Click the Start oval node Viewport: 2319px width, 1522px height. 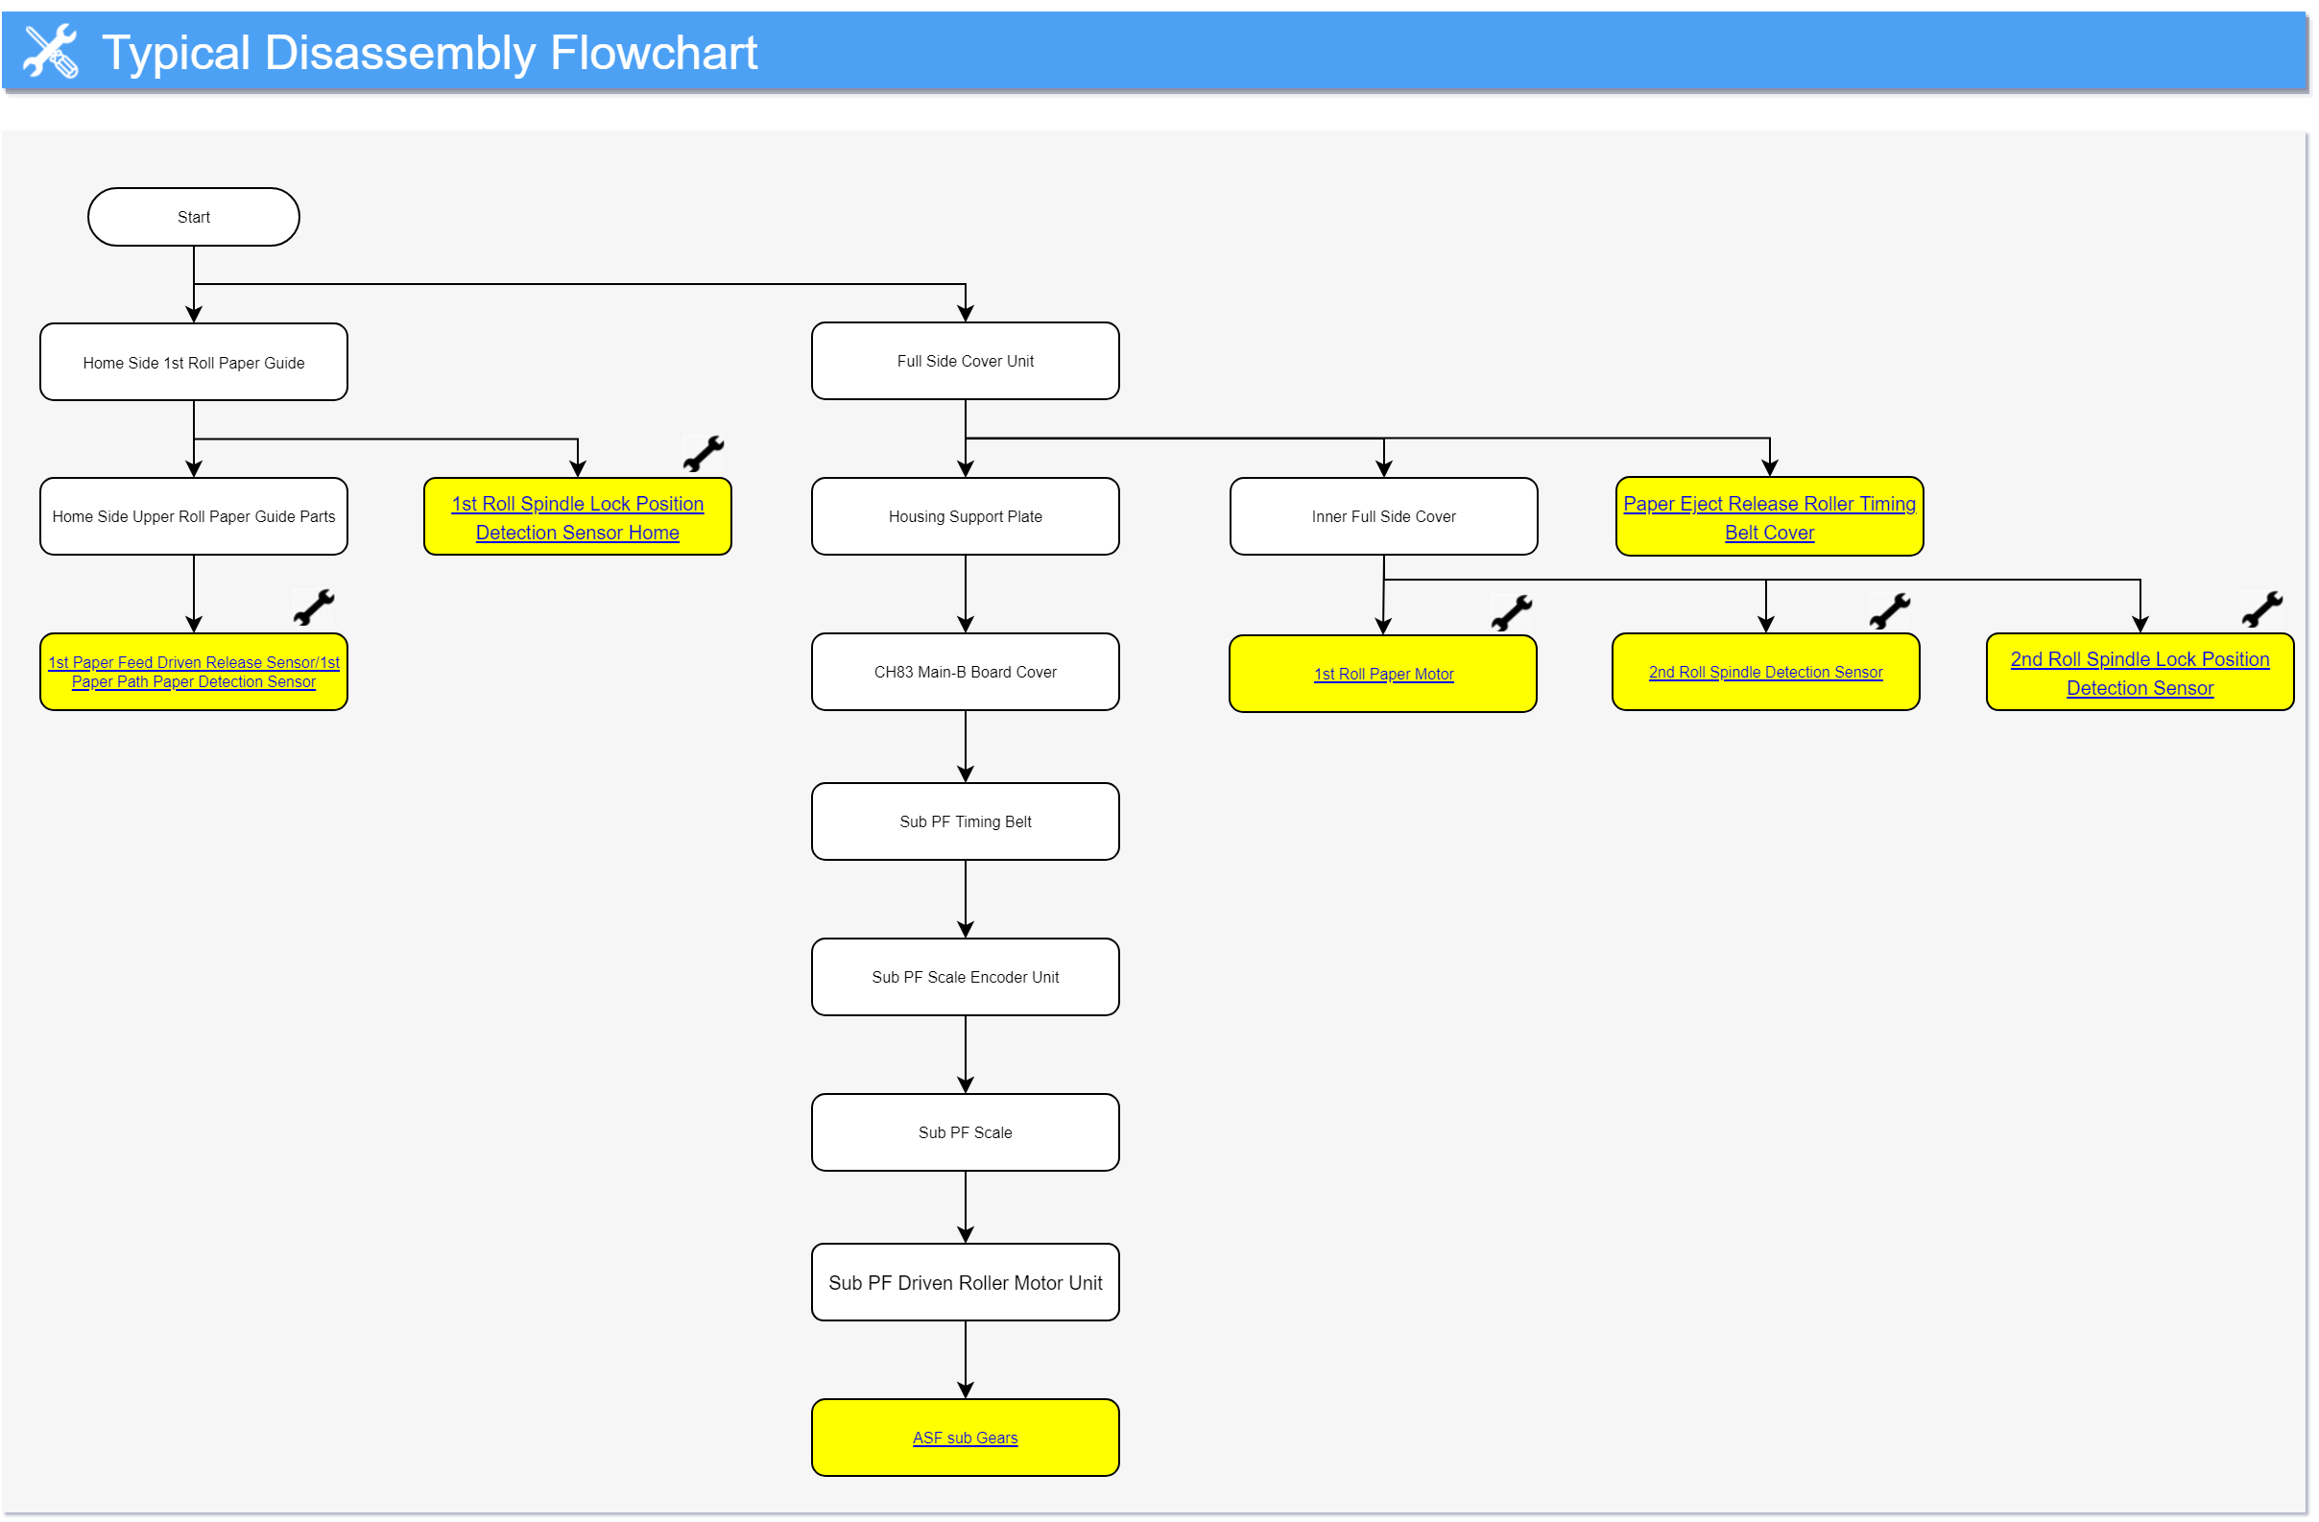[x=193, y=216]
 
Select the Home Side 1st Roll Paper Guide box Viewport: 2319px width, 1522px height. [x=193, y=362]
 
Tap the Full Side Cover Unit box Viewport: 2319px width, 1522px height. [x=965, y=361]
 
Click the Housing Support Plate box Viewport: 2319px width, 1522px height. [x=965, y=515]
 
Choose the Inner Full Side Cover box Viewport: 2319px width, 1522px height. [x=1383, y=515]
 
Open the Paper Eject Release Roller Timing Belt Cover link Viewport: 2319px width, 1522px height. [x=1768, y=517]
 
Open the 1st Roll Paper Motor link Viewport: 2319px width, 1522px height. [x=1383, y=674]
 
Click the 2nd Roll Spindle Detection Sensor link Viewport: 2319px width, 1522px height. [x=1764, y=672]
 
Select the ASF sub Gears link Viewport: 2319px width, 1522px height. [x=965, y=1438]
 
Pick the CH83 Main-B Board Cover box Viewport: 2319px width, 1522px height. [x=965, y=672]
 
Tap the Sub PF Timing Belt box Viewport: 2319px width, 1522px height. [x=965, y=820]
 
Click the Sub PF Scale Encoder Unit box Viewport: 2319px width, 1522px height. [x=965, y=976]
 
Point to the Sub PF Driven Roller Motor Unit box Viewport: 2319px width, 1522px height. [x=965, y=1281]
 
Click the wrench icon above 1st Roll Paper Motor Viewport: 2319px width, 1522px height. [x=1511, y=613]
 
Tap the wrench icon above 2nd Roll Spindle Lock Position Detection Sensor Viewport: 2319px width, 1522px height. [x=2261, y=609]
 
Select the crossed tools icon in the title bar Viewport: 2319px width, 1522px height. [x=51, y=51]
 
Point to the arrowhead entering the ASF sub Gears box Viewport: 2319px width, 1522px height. [x=965, y=1390]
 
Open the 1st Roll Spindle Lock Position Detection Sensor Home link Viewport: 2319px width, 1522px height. [x=577, y=517]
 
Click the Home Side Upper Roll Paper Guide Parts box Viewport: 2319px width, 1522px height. [x=193, y=515]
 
